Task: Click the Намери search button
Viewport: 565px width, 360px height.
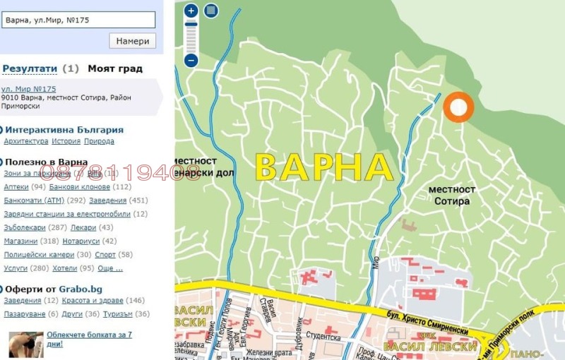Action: click(x=132, y=41)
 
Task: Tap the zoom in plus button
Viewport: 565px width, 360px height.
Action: click(x=191, y=11)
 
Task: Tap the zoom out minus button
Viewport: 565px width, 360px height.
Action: click(x=191, y=61)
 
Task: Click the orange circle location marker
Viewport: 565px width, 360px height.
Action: click(x=458, y=107)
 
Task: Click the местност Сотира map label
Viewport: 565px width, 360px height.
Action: click(x=452, y=196)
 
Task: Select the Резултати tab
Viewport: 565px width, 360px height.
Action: click(x=30, y=68)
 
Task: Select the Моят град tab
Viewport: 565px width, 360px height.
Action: click(x=115, y=68)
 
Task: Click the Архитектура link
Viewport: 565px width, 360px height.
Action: click(x=26, y=141)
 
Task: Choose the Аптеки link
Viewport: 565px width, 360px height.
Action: click(x=16, y=187)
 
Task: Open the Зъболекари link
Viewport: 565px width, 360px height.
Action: click(x=25, y=227)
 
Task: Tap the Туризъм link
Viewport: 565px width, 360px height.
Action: click(x=116, y=314)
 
